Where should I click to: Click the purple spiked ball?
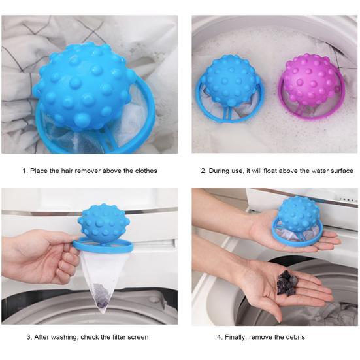[308, 80]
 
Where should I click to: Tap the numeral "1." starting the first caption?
[25, 171]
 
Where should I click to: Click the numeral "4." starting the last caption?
[219, 337]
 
